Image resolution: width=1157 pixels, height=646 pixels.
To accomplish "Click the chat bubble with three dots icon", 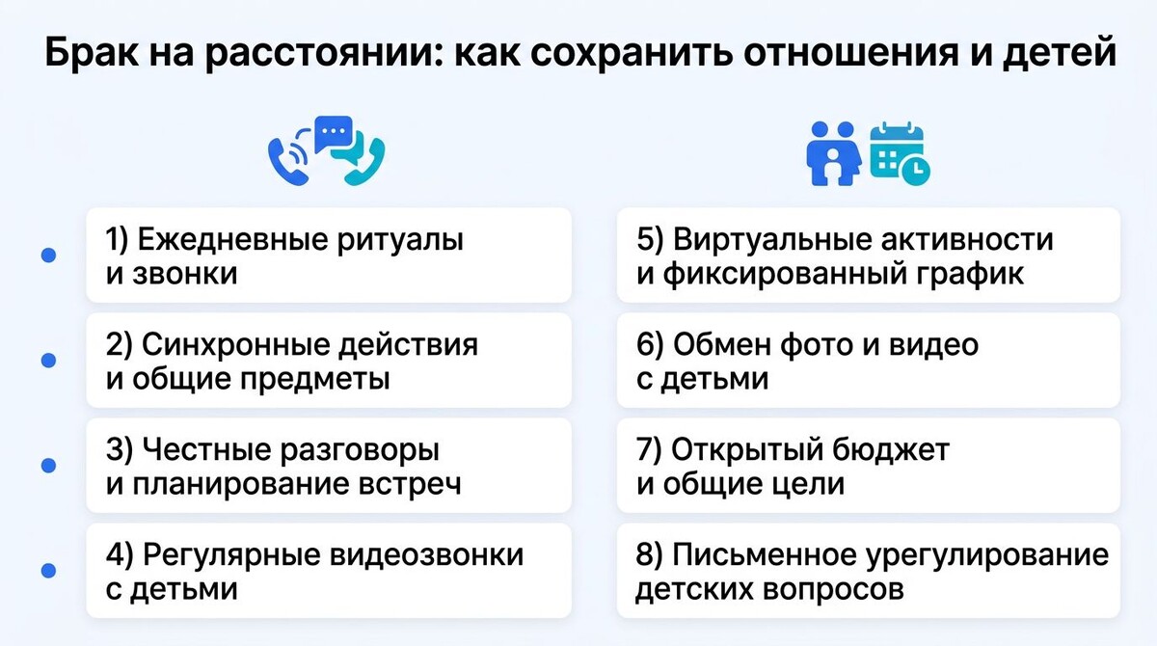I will (334, 132).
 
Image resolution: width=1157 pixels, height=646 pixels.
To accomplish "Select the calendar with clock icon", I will (900, 153).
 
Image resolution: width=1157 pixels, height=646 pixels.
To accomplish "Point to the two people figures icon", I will (833, 152).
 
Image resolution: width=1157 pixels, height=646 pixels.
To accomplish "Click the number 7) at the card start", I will (650, 449).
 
